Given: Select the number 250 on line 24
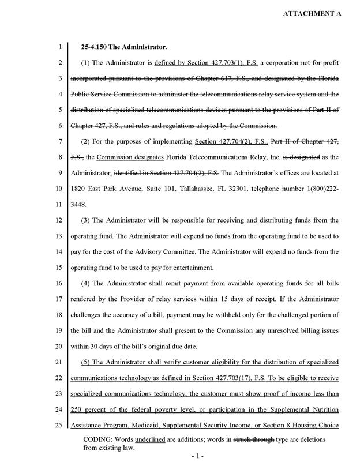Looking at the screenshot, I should click(77, 411).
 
